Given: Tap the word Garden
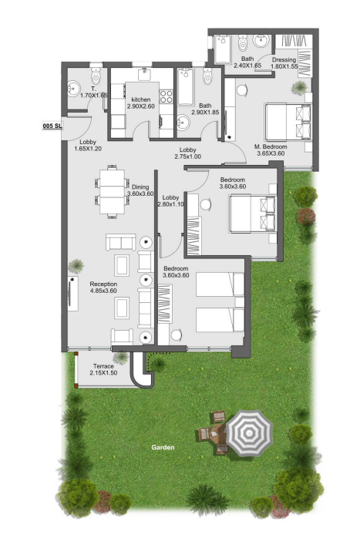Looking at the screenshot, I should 163,447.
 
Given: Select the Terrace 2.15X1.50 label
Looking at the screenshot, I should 103,369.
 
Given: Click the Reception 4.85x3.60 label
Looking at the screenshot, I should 103,288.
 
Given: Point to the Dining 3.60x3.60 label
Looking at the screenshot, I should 142,190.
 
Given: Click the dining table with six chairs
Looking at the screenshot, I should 113,190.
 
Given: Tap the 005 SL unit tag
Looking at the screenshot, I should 52,125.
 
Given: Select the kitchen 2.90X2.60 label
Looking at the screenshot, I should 141,103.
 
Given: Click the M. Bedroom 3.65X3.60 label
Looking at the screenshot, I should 271,150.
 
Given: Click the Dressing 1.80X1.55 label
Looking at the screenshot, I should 284,62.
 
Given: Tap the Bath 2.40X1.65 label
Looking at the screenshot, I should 247,62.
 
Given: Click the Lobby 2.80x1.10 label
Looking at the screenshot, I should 170,200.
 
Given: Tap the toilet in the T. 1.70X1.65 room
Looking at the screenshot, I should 96,76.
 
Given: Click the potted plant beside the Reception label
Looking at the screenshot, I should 76,266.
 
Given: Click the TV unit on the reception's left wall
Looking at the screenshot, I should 73,293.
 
